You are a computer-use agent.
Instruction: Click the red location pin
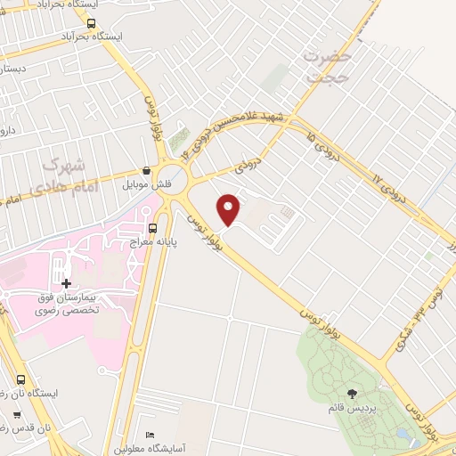click(230, 208)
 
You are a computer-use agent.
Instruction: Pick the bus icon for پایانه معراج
click(153, 228)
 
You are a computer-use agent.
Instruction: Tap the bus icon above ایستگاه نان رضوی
click(20, 379)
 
